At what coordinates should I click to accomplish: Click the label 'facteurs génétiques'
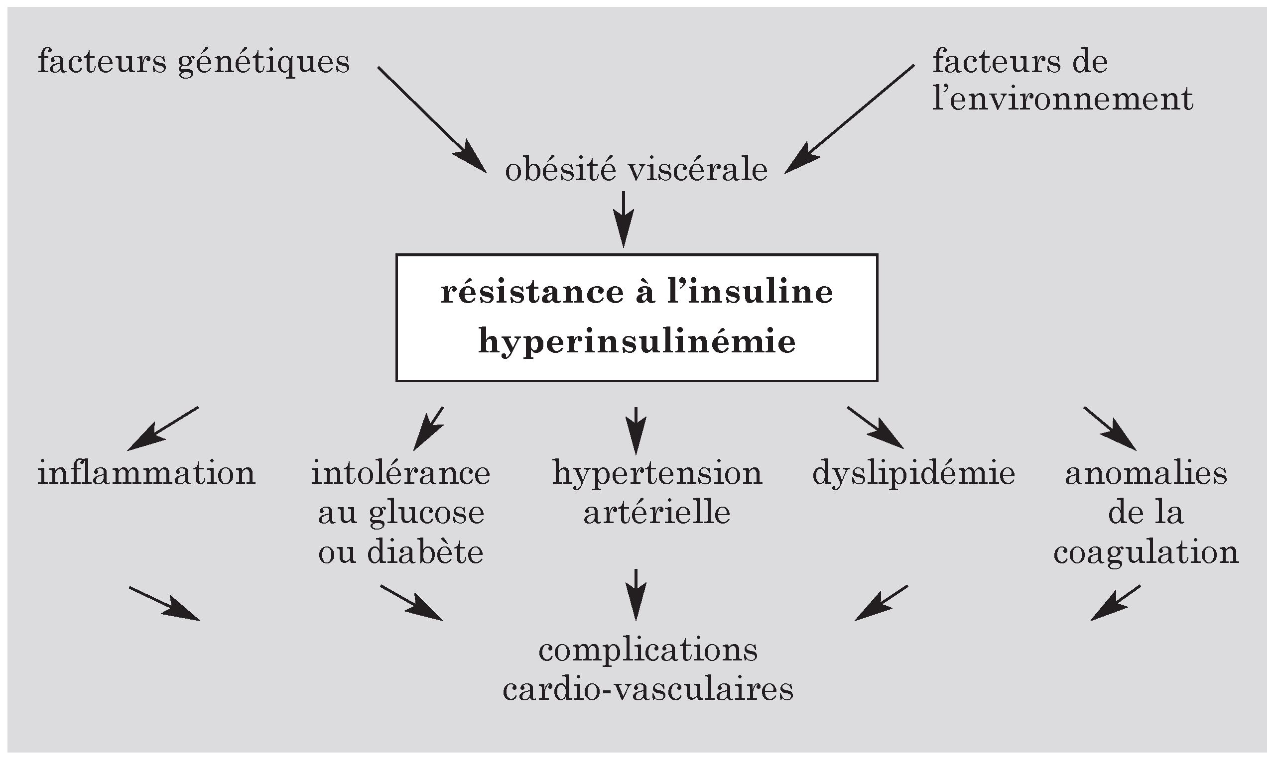click(193, 62)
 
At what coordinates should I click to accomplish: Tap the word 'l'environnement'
click(1062, 99)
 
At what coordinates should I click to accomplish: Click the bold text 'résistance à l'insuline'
click(637, 293)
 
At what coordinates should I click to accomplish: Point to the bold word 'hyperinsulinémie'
click(637, 341)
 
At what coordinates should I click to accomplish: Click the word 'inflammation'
click(146, 473)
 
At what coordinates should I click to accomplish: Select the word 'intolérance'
click(401, 473)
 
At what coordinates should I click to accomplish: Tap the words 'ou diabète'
click(401, 552)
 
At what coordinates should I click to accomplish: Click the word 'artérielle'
click(657, 513)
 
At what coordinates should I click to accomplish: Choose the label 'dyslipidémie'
click(913, 473)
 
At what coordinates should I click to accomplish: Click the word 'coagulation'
click(1146, 552)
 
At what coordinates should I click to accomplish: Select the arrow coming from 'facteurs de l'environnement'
click(850, 118)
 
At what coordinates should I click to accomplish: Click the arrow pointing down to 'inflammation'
click(163, 428)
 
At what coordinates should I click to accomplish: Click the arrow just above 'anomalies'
click(1110, 428)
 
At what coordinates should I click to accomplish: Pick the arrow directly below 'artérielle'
click(636, 594)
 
